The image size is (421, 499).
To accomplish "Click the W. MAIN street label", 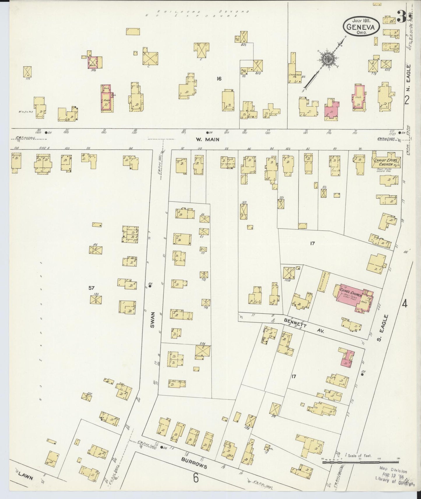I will click(207, 139).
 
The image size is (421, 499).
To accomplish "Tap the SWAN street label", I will click(152, 320).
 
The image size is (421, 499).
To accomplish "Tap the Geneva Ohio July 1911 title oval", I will click(361, 26).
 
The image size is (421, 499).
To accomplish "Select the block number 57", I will click(91, 288).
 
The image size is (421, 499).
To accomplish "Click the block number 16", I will click(219, 78).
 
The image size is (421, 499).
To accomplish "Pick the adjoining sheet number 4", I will click(404, 304).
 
